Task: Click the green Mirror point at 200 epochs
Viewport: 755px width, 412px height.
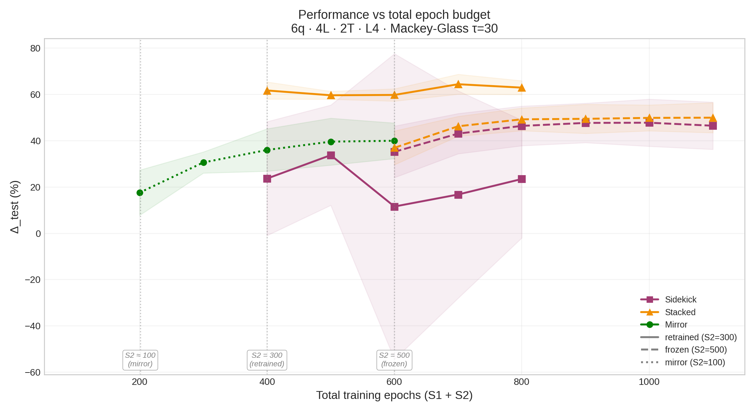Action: (140, 193)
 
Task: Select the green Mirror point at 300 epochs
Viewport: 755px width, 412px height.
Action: (204, 162)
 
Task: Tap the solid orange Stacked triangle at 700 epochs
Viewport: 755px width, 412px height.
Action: (458, 84)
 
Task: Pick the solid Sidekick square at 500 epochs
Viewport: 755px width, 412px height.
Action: (331, 155)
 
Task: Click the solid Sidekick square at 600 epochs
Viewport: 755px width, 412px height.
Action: (394, 207)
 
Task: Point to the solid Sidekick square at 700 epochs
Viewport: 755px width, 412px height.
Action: (458, 195)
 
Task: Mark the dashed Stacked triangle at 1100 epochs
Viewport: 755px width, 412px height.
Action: (713, 118)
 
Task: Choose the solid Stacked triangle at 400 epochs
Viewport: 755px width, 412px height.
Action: (267, 90)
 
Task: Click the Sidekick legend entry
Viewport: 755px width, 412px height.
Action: (669, 299)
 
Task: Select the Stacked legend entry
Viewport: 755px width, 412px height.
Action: (668, 312)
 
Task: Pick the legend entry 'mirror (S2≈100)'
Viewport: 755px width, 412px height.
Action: (683, 362)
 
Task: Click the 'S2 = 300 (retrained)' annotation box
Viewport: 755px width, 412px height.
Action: (267, 360)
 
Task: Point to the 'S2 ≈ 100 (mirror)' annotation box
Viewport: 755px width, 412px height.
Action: (140, 360)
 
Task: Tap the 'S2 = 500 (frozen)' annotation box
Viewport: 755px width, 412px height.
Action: (394, 360)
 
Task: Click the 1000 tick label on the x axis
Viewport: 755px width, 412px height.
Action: (649, 382)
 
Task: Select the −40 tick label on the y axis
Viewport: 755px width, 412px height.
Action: (33, 326)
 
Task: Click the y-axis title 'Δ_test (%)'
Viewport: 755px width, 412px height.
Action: (15, 207)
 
